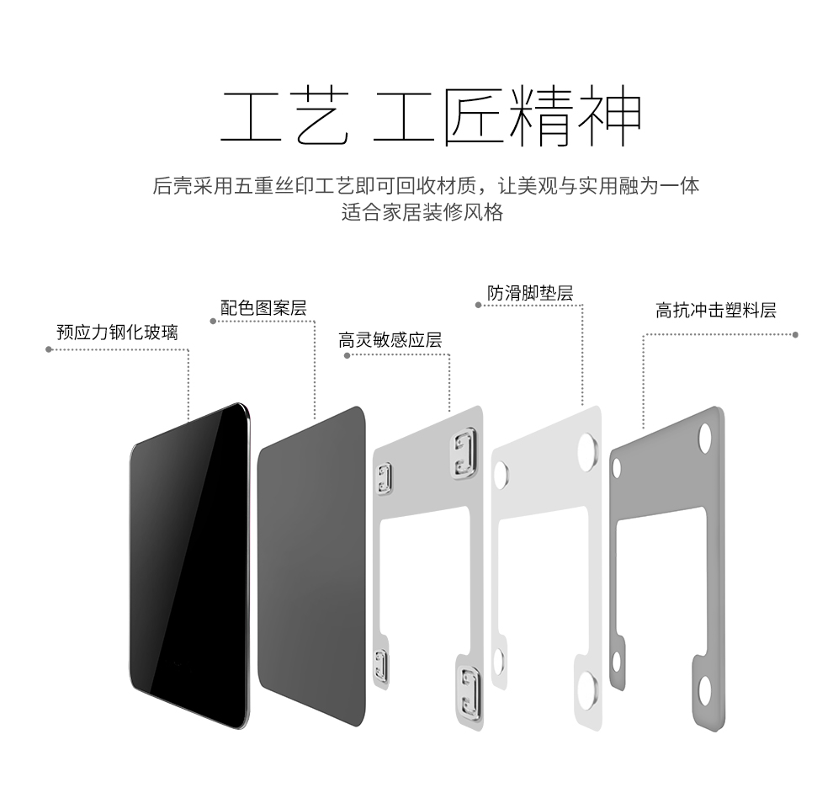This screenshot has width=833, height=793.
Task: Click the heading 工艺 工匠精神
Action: (x=430, y=116)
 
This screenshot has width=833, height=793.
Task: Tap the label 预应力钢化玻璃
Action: (x=117, y=333)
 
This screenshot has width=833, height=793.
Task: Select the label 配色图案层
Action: (x=263, y=308)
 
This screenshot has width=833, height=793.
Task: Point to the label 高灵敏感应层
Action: (x=390, y=340)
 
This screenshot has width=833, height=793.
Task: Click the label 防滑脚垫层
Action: (x=530, y=293)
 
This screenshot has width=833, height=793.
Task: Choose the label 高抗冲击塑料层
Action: (x=715, y=311)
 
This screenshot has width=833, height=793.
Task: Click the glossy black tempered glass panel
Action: (x=190, y=564)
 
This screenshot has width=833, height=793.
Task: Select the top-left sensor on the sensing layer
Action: (x=385, y=478)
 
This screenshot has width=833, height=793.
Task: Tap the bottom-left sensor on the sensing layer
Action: (x=381, y=665)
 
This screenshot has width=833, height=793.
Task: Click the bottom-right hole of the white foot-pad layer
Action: (x=587, y=688)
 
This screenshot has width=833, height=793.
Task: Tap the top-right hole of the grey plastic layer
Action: (x=704, y=438)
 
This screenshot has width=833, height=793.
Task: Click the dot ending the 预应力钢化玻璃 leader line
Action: (x=48, y=349)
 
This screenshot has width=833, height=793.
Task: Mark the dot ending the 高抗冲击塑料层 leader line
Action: (x=795, y=334)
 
